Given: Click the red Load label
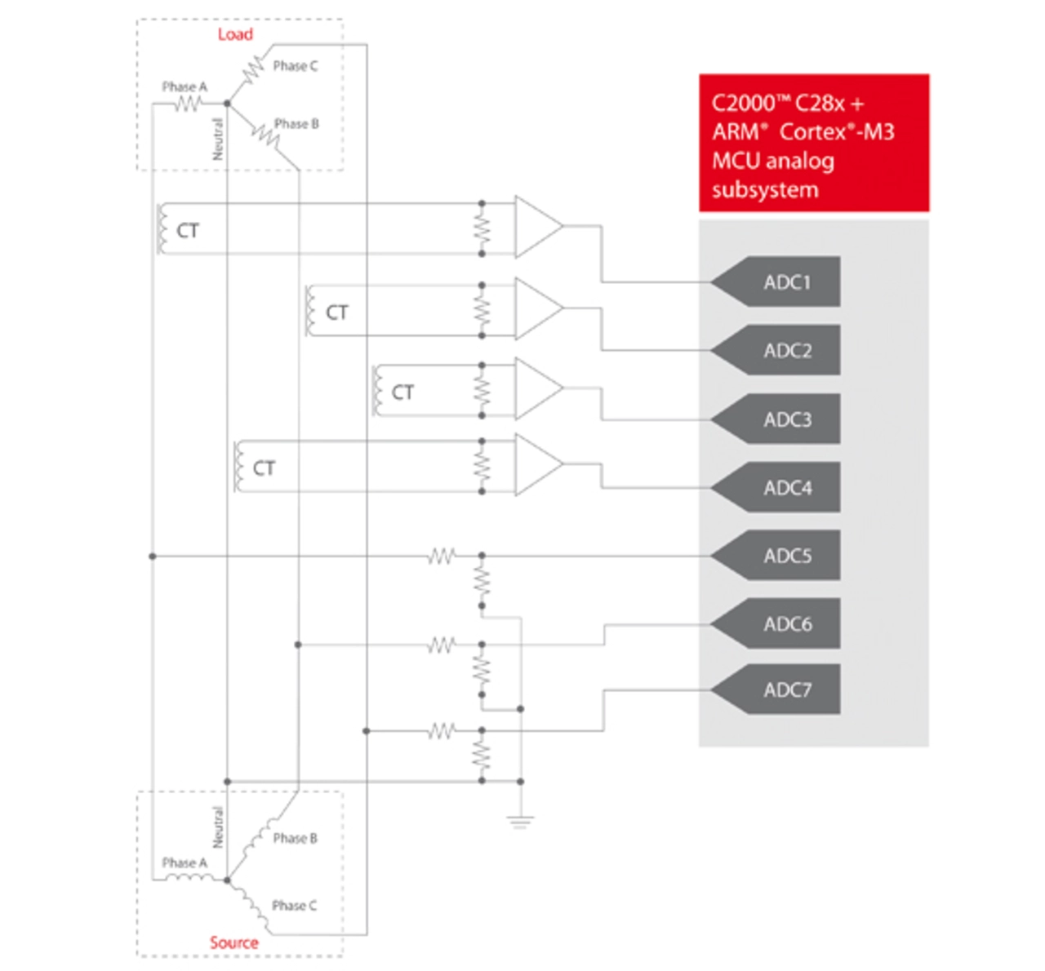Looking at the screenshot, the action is pyautogui.click(x=235, y=34).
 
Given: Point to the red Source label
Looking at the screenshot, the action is pyautogui.click(x=234, y=942).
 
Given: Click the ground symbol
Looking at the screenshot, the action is pyautogui.click(x=520, y=822).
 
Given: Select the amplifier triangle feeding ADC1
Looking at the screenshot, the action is pyautogui.click(x=538, y=227).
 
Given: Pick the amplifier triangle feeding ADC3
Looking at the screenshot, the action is pyautogui.click(x=538, y=388).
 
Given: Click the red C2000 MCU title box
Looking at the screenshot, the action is pyautogui.click(x=813, y=143).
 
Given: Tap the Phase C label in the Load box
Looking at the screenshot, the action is pyautogui.click(x=296, y=66).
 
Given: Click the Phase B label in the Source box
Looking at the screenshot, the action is pyautogui.click(x=296, y=838).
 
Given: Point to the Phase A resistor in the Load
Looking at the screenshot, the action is pyautogui.click(x=188, y=104).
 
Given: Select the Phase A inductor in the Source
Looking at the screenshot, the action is pyautogui.click(x=189, y=877).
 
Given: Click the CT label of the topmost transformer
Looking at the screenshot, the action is pyautogui.click(x=187, y=230).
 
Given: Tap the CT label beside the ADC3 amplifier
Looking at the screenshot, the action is pyautogui.click(x=402, y=392).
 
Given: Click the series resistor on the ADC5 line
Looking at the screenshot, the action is pyautogui.click(x=442, y=556).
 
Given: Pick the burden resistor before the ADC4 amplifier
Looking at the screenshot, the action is pyautogui.click(x=482, y=466).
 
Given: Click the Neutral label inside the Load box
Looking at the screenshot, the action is pyautogui.click(x=217, y=139).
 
